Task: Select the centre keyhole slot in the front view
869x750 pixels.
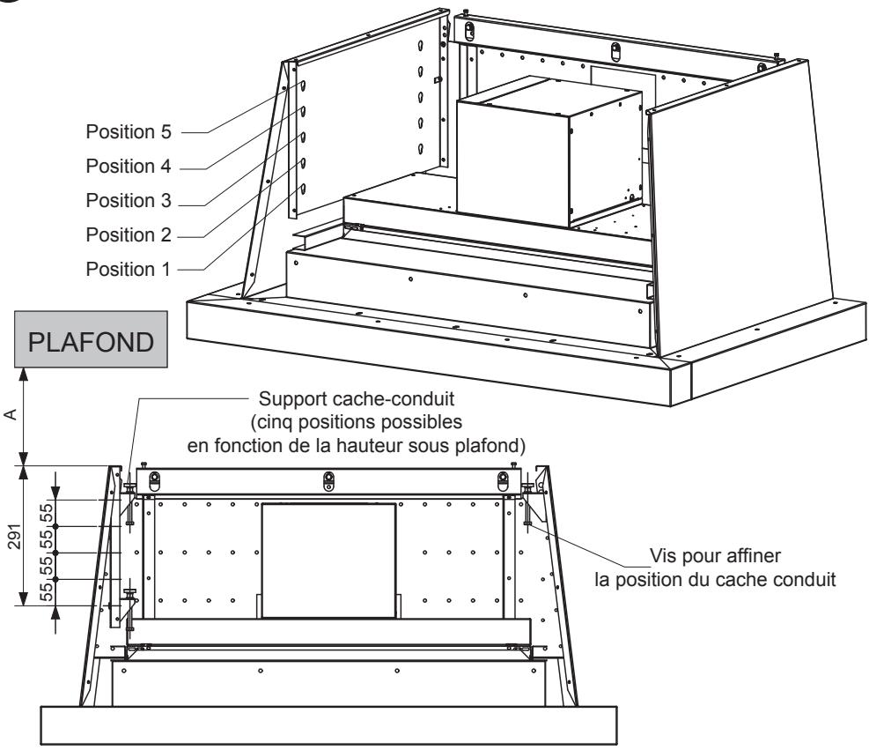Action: (x=329, y=479)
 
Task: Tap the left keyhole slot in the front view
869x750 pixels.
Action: (x=154, y=479)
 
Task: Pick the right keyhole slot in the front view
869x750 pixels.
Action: (x=503, y=479)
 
